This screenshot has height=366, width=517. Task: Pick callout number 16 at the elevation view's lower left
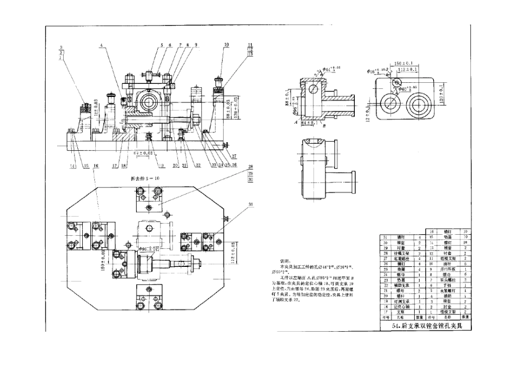96,164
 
